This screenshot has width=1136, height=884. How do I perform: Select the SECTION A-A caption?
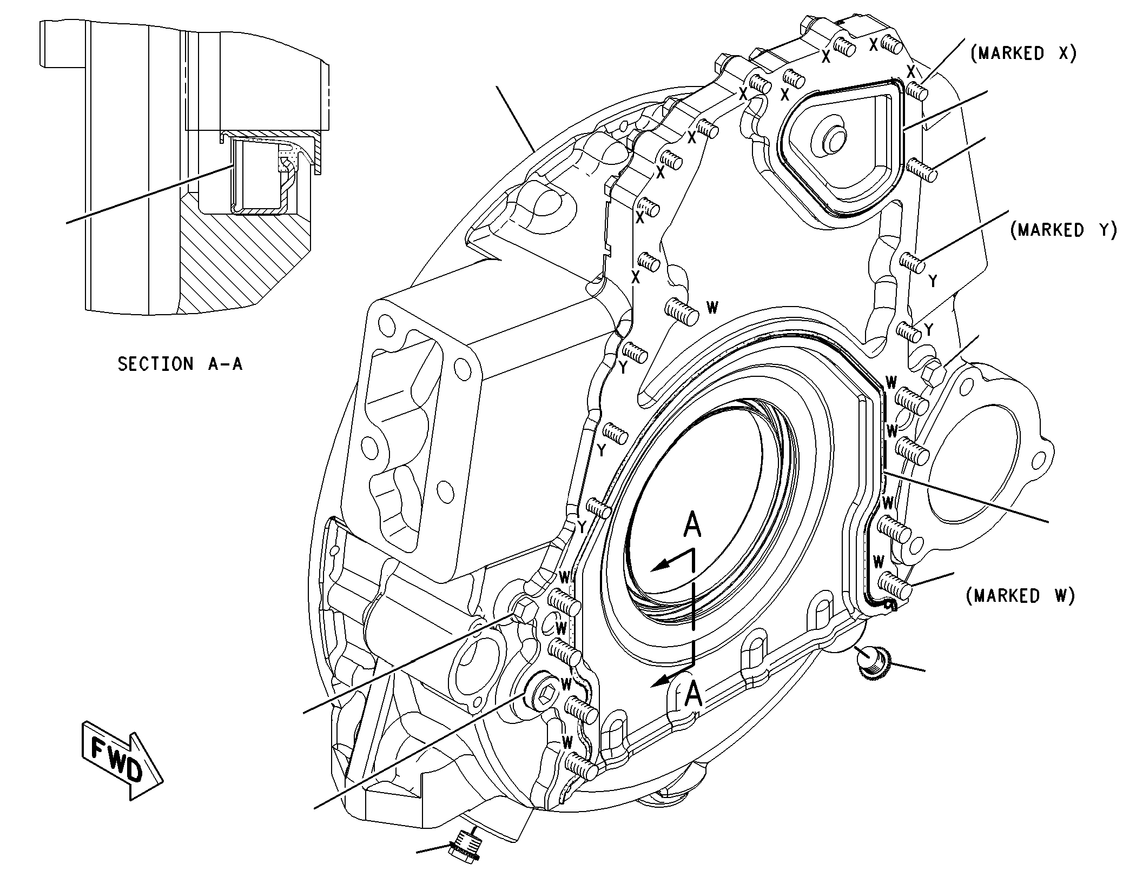click(x=180, y=364)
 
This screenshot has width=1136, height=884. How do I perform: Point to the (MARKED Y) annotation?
click(x=1064, y=230)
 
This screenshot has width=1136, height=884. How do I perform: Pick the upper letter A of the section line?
click(x=692, y=525)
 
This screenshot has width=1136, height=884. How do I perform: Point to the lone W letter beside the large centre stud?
click(x=713, y=308)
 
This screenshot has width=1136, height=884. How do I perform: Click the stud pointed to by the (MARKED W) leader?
click(x=895, y=587)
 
